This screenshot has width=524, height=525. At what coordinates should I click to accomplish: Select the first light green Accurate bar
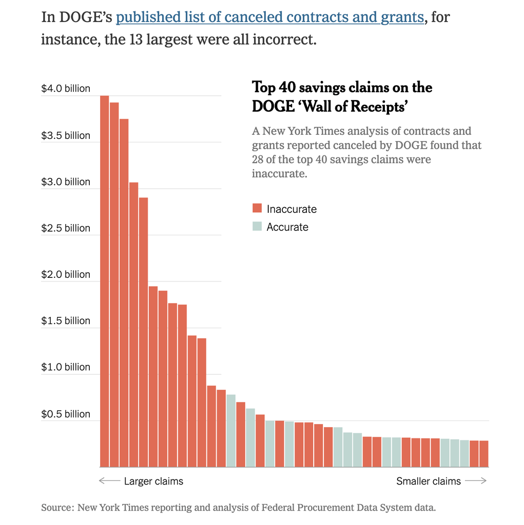coord(231,431)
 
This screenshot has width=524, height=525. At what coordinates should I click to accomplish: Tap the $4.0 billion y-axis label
coord(66,89)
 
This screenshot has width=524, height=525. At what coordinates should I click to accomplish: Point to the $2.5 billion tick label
coord(66,228)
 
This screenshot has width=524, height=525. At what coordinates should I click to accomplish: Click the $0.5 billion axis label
coord(66,414)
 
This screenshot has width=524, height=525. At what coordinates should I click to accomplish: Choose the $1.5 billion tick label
coord(66,321)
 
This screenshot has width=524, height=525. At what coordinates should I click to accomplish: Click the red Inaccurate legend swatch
coord(257,208)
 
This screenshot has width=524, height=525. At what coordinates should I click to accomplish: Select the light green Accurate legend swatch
coord(257,226)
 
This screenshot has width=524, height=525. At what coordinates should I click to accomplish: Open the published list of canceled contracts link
coord(270,17)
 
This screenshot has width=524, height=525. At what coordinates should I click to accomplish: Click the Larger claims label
coord(153,481)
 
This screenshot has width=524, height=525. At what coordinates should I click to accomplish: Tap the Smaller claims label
coord(429,481)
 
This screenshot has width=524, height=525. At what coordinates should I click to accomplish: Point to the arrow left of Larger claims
coord(109,481)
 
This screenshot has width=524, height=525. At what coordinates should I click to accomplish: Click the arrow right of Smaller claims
coord(475,481)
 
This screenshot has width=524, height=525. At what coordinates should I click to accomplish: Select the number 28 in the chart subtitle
coord(258,159)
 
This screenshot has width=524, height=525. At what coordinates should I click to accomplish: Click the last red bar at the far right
coord(484,454)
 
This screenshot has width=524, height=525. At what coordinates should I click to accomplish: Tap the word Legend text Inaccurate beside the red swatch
coord(292,209)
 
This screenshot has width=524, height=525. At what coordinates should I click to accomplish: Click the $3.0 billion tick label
coord(66,182)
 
